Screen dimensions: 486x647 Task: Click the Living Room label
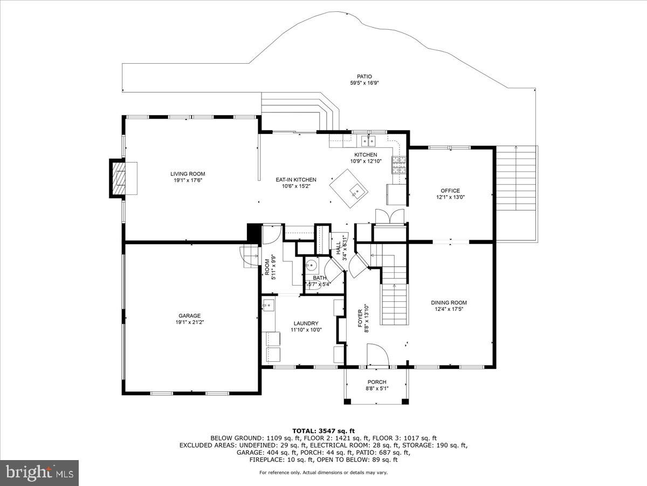point(188,174)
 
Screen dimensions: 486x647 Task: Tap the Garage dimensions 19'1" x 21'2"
point(189,322)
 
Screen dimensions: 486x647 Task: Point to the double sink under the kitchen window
point(369,141)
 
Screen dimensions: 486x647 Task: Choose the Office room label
point(450,191)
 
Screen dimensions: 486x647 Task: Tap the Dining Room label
point(449,302)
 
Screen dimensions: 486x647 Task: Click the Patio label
point(364,77)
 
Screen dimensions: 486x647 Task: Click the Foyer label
point(361,319)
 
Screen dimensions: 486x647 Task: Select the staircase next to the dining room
point(395,302)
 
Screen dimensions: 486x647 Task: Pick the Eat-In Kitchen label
point(295,180)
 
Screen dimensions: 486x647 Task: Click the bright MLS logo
point(39,473)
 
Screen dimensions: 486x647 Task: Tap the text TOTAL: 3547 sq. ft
point(323,430)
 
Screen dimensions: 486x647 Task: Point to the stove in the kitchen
point(400,165)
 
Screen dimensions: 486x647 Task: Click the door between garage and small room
point(250,256)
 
